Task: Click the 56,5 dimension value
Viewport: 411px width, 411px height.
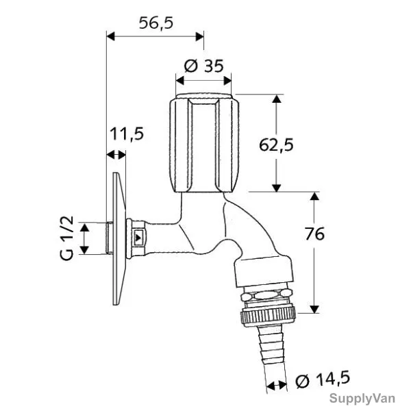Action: [x=156, y=23]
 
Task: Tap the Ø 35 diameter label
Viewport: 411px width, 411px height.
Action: [x=203, y=66]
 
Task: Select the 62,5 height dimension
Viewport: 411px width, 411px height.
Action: [x=276, y=145]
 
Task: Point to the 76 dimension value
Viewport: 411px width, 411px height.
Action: [x=314, y=234]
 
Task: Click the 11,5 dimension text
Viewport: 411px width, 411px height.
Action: [x=127, y=134]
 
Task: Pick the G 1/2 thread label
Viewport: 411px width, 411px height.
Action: [x=66, y=238]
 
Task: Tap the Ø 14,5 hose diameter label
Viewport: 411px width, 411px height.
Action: [x=323, y=379]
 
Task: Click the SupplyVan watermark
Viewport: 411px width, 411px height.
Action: [x=362, y=399]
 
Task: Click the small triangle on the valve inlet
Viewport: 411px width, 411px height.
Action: [x=138, y=238]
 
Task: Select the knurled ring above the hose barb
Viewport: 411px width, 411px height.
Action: [x=268, y=317]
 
